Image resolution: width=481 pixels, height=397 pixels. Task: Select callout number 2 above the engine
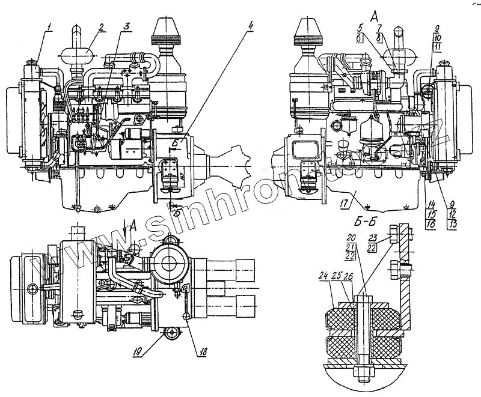pyautogui.click(x=102, y=27)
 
